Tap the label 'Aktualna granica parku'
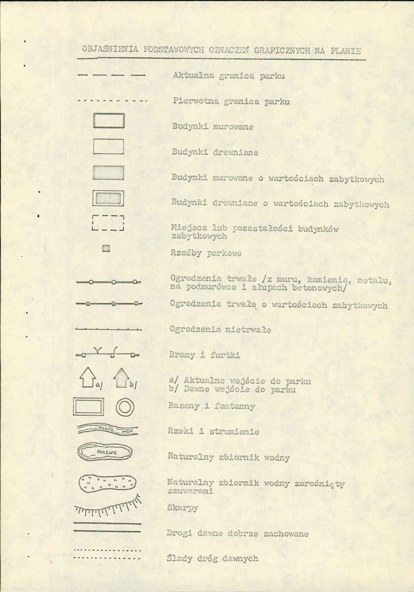pos(229,77)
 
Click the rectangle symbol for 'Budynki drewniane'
pos(109,147)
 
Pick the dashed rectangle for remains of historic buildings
pos(108,224)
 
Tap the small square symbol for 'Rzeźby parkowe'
pos(105,249)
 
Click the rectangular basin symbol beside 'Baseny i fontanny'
pos(89,407)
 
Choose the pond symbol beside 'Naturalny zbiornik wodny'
pos(106,451)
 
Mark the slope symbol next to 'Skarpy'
pos(107,505)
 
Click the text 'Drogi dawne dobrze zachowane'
pos(238,534)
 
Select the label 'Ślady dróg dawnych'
pos(213,558)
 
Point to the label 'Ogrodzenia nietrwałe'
pos(219,329)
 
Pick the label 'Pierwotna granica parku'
pos(231,102)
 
